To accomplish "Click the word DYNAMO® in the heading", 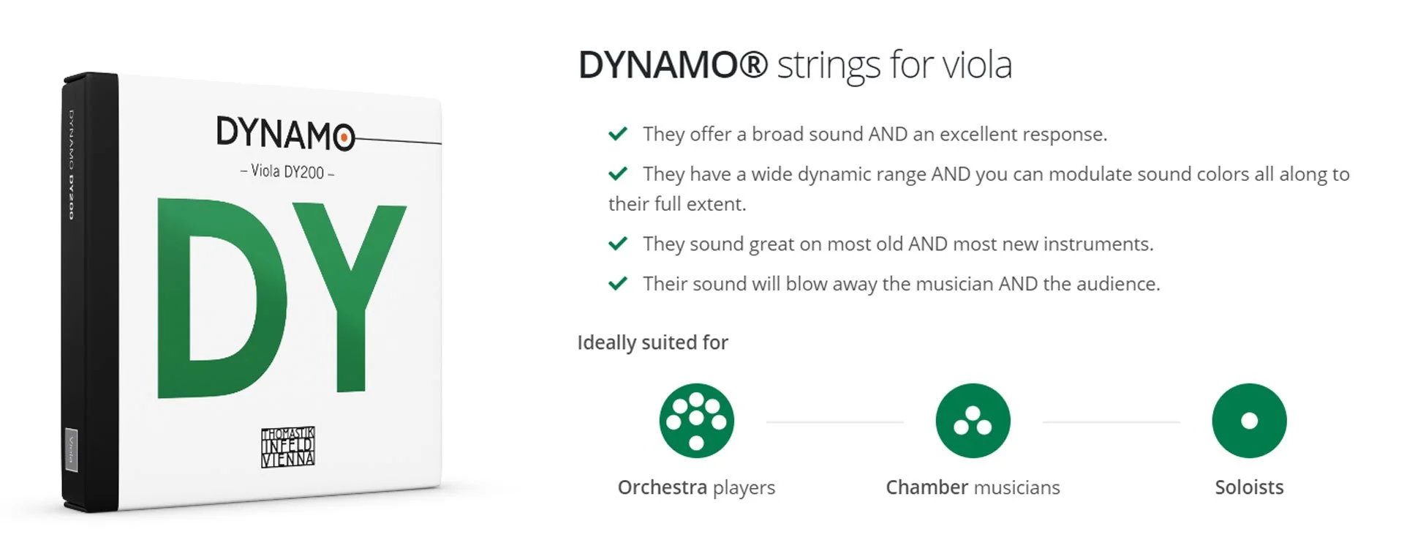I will [672, 65].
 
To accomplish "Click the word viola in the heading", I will [977, 65].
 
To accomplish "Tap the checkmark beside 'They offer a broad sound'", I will [618, 134].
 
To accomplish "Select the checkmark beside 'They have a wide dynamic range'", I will [618, 174].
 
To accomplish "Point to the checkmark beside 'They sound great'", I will [618, 244].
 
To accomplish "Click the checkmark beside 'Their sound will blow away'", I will [618, 283].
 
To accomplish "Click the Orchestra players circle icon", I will [696, 421].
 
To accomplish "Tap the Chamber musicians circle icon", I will [973, 421].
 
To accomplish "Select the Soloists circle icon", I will [1249, 421].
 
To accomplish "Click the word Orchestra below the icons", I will [662, 487].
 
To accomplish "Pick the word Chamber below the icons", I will [926, 487].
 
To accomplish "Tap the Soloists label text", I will [1249, 487].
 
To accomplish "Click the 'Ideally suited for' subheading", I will [652, 342].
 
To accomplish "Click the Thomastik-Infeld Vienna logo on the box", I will [288, 446].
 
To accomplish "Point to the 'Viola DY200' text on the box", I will [287, 172].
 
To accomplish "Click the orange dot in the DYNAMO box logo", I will [343, 137].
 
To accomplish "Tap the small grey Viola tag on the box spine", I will [72, 451].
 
